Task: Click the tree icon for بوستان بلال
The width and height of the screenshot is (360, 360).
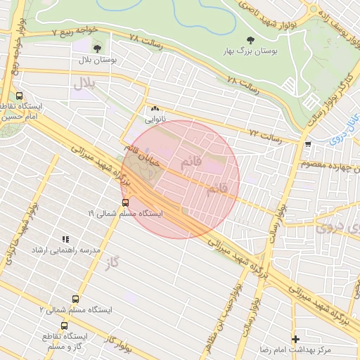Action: pyautogui.click(x=96, y=49)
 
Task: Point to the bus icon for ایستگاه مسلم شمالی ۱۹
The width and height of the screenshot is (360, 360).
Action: pyautogui.click(x=126, y=202)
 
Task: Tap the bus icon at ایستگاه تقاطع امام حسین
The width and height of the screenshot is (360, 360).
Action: pyautogui.click(x=19, y=96)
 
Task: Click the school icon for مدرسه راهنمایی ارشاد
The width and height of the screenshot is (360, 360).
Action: pyautogui.click(x=65, y=240)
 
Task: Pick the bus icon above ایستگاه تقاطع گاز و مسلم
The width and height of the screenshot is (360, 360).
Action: pyautogui.click(x=65, y=326)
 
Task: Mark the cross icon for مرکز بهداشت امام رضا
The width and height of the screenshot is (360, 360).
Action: pyautogui.click(x=295, y=339)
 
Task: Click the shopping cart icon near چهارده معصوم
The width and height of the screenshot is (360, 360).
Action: pyautogui.click(x=308, y=144)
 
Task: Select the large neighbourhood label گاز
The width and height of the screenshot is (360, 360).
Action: pyautogui.click(x=110, y=262)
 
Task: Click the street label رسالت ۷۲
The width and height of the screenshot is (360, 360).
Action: pyautogui.click(x=265, y=133)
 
